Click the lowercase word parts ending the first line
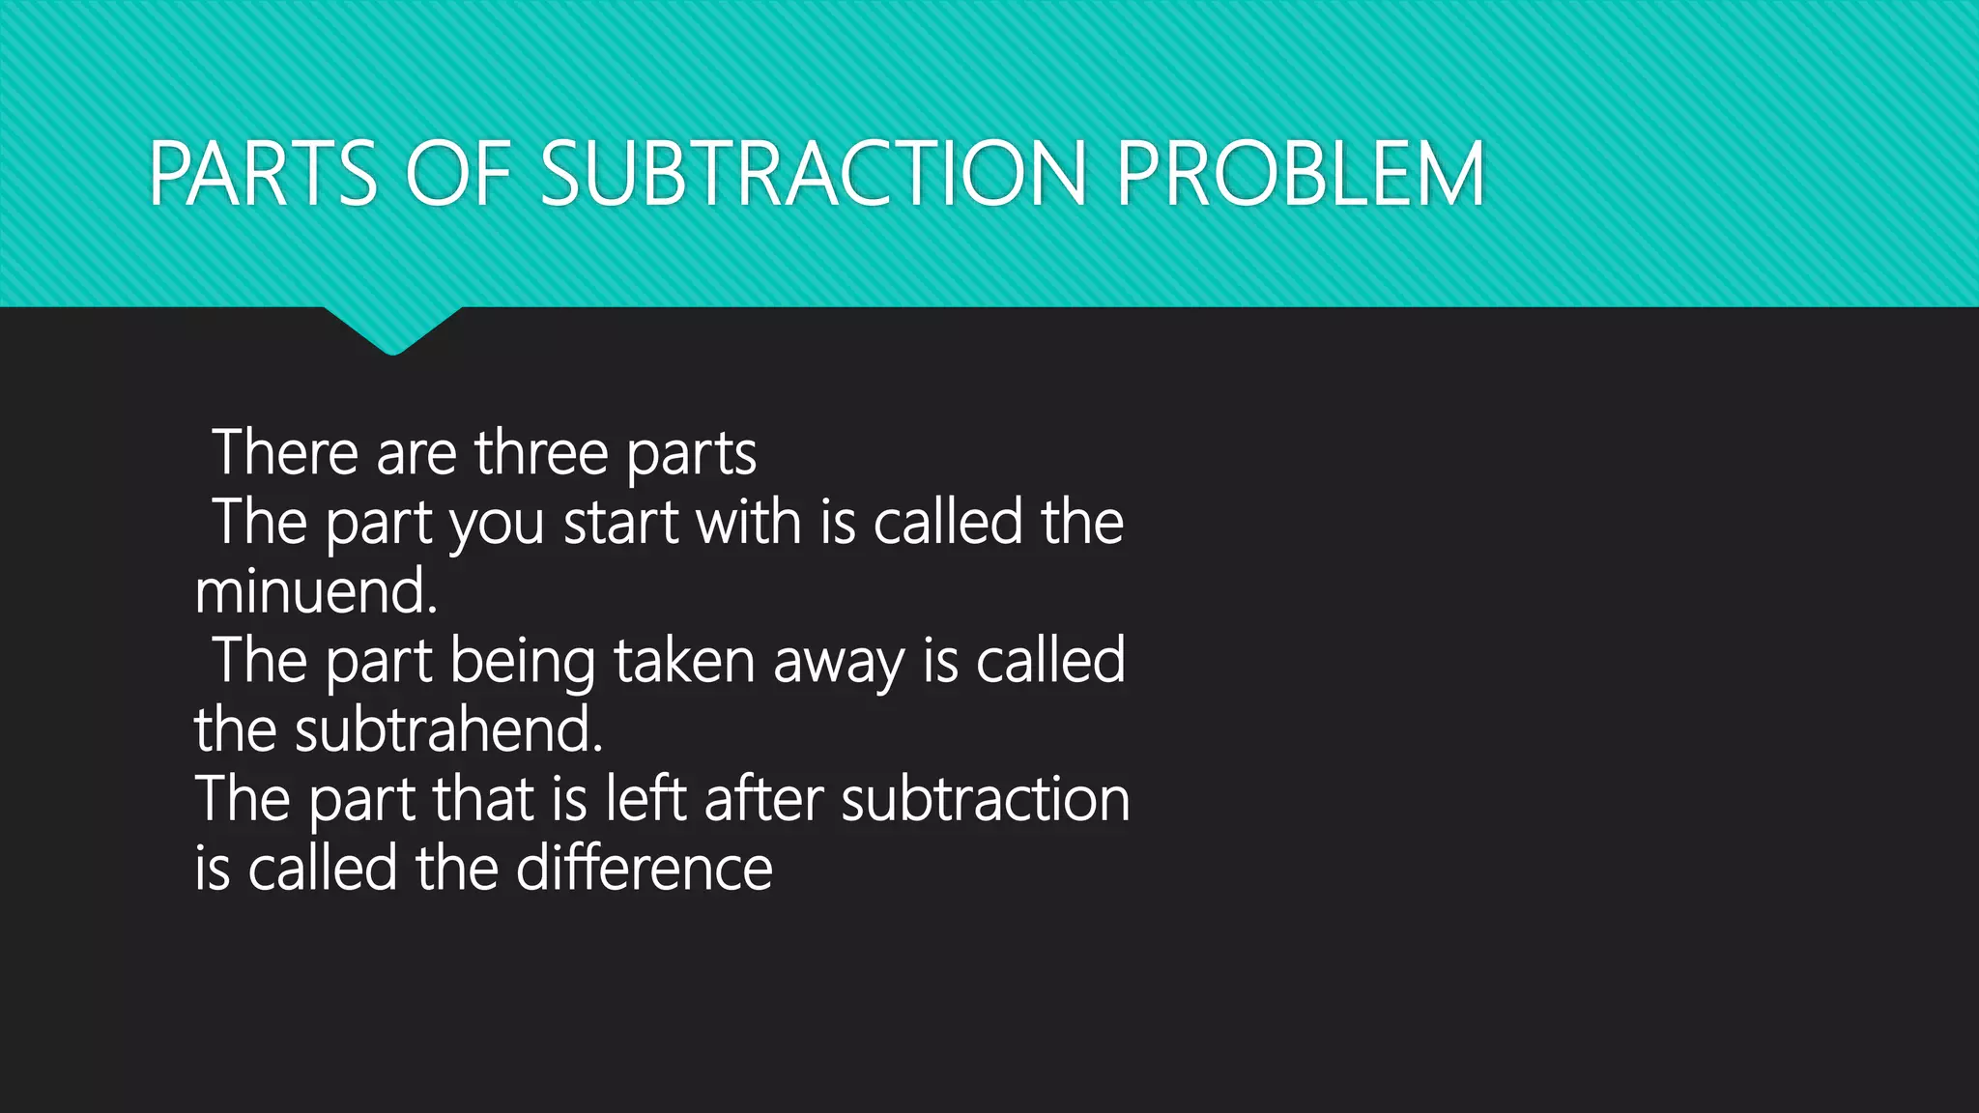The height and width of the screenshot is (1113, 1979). [691, 454]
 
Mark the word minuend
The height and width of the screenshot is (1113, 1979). [316, 591]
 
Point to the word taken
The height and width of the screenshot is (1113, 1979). [683, 661]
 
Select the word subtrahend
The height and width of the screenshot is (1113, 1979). [448, 729]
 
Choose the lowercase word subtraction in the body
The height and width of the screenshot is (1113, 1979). [985, 799]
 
